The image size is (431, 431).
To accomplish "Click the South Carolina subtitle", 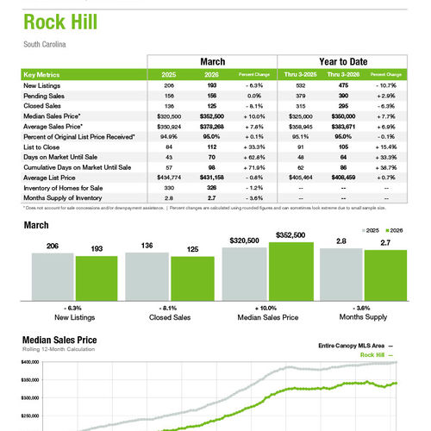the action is pyautogui.click(x=46, y=43).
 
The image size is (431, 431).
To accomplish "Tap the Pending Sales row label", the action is pyautogui.click(x=44, y=95).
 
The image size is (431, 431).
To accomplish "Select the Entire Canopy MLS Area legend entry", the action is pyautogui.click(x=349, y=345).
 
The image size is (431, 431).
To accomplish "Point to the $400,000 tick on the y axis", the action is pyautogui.click(x=30, y=363).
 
